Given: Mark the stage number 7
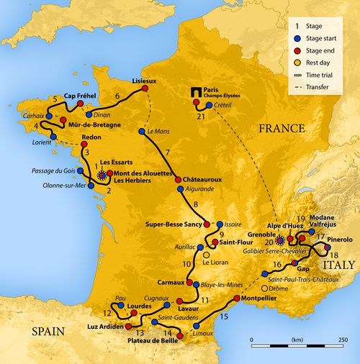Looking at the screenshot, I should pyautogui.click(x=167, y=153).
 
